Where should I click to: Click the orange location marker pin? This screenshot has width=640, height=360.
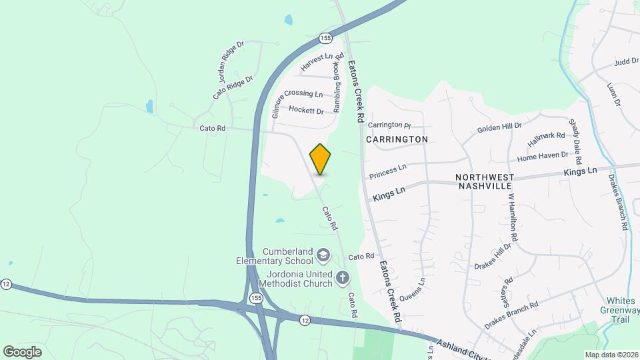point(321,159)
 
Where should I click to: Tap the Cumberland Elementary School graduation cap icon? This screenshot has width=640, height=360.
point(323,254)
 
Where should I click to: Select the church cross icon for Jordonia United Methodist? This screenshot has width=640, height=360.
point(343,277)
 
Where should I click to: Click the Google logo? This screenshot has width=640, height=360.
point(22,351)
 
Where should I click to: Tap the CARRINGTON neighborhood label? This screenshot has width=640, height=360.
point(397,139)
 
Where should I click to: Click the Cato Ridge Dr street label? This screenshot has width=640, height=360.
point(233,87)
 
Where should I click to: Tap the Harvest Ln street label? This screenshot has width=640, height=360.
point(316,62)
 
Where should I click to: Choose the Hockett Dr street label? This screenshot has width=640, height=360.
point(306,111)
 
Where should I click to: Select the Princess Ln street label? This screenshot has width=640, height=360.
point(387,171)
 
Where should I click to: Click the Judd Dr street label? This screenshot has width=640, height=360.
point(626,62)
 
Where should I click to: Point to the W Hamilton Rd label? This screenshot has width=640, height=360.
point(513,217)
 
